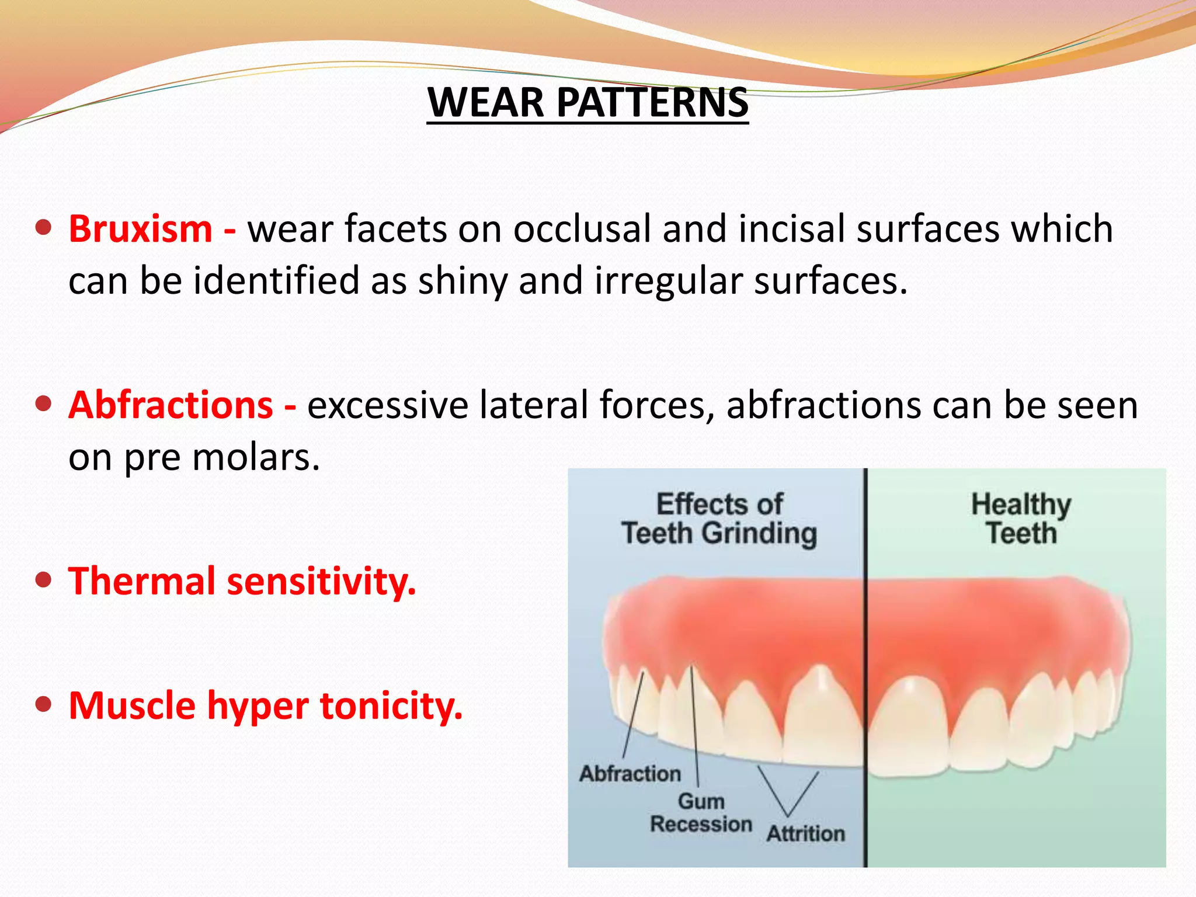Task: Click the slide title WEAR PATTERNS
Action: coord(587,102)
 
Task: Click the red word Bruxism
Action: coord(141,229)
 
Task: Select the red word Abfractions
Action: coord(171,405)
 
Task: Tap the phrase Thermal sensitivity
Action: coord(242,582)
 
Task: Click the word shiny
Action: coord(463,281)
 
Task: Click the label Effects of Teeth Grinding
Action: coord(719,519)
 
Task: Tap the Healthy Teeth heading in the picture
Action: coord(1021,519)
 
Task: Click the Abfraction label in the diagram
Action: coord(630,774)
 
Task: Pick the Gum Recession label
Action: coord(701,813)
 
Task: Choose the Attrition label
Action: coord(805,833)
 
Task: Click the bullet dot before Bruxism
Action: coord(43,227)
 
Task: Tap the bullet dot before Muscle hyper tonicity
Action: coord(43,704)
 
